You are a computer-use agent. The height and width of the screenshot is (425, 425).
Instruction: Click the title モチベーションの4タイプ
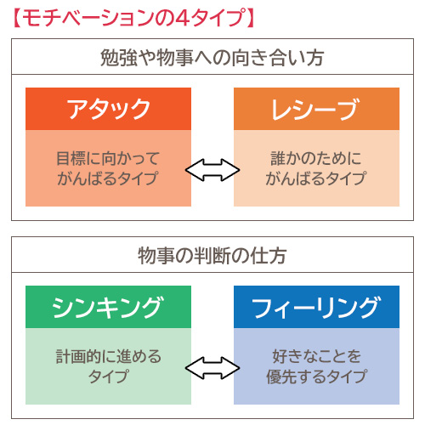[133, 18]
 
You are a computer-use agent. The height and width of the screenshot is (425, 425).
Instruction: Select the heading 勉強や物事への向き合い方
[212, 58]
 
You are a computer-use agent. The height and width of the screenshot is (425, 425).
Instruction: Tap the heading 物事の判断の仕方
[212, 256]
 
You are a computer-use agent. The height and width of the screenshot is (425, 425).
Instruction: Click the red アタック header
[108, 109]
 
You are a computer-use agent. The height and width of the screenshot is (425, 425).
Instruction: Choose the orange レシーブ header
[316, 109]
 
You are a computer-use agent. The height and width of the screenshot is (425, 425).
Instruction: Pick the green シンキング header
[108, 307]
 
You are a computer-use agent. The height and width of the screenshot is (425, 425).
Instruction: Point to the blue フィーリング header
[316, 307]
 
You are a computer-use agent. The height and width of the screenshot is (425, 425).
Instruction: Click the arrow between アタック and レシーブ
[212, 170]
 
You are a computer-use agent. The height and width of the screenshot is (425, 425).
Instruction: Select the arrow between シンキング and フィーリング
[212, 368]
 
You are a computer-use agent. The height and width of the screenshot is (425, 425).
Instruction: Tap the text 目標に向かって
[108, 158]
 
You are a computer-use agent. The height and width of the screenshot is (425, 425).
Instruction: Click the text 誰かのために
[316, 158]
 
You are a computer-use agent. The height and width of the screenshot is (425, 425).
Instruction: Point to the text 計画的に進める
[109, 356]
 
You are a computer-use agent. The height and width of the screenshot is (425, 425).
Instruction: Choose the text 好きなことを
[316, 356]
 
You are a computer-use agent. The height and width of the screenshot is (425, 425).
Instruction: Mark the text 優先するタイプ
[316, 377]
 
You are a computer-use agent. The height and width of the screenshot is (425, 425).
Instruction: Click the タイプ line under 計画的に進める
[109, 377]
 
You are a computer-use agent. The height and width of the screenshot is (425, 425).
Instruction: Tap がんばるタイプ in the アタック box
[108, 178]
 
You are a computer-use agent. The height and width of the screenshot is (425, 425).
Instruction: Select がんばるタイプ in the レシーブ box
[316, 178]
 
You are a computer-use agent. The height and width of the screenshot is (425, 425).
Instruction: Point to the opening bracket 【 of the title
[17, 18]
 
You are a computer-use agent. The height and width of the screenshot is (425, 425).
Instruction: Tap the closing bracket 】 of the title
[251, 18]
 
